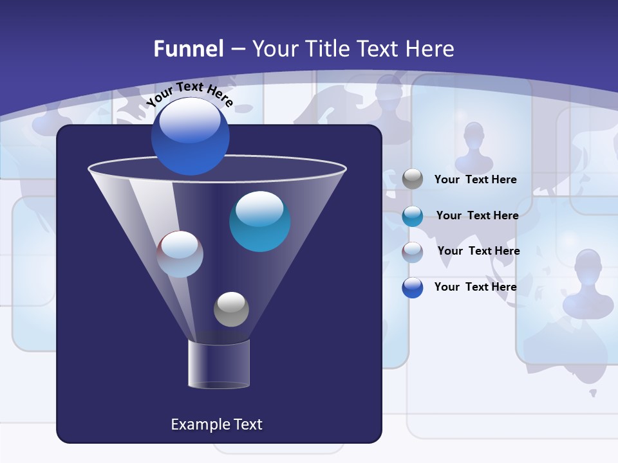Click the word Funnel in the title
(188, 49)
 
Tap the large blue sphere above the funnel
(191, 136)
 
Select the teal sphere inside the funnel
(259, 221)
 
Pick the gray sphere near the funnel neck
(231, 309)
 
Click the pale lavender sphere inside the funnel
(180, 254)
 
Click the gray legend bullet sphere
(413, 179)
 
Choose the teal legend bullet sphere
(413, 216)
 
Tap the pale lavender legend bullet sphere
(413, 251)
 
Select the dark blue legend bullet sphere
(413, 287)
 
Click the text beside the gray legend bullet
(475, 180)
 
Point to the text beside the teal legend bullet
(477, 215)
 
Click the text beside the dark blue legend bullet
(475, 287)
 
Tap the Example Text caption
(216, 424)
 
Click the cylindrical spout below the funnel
(219, 365)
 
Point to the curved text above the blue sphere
(189, 94)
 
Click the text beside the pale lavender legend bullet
(478, 251)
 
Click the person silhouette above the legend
(474, 147)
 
